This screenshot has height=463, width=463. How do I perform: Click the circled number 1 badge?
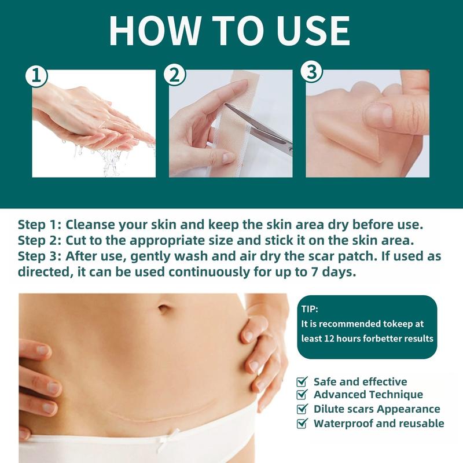click(x=36, y=76)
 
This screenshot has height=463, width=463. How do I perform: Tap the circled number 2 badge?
click(x=175, y=75)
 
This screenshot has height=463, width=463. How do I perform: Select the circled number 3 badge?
click(x=311, y=72)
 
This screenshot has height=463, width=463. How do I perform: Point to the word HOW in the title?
click(x=156, y=31)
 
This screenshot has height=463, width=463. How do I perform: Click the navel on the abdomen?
click(x=164, y=308)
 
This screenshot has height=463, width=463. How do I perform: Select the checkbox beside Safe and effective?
click(x=302, y=381)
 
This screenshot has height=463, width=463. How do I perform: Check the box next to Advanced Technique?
click(x=302, y=394)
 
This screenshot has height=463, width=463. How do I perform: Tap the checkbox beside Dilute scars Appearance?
click(x=302, y=409)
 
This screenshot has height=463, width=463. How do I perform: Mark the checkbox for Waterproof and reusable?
click(x=302, y=423)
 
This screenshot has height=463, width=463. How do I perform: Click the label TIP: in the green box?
click(x=310, y=309)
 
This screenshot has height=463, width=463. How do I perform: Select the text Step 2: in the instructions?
click(x=39, y=241)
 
